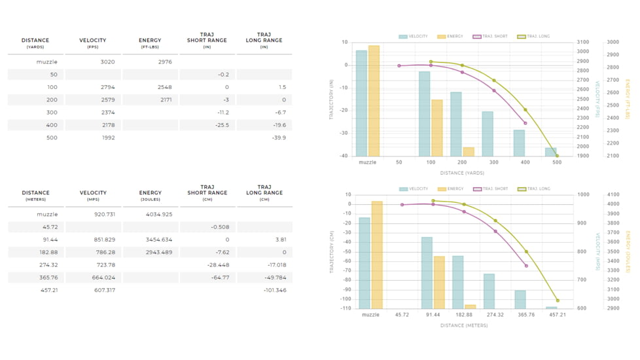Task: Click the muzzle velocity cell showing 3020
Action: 107,62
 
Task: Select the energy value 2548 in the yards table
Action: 164,87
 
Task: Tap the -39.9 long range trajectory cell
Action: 278,138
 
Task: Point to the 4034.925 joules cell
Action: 158,215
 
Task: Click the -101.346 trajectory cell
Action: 274,291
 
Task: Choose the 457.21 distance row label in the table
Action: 49,291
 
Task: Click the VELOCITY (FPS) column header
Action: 92,43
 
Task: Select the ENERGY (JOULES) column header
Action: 150,196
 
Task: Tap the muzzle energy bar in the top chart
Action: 374,101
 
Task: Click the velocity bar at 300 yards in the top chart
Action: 488,134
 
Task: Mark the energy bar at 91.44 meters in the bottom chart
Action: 439,282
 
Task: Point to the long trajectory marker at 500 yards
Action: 557,156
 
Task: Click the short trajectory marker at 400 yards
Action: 525,123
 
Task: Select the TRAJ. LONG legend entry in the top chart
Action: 534,37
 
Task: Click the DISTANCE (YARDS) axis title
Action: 462,173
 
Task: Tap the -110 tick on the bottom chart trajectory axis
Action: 345,308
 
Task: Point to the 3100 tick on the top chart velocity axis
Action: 583,43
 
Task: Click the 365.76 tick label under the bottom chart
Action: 526,315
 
